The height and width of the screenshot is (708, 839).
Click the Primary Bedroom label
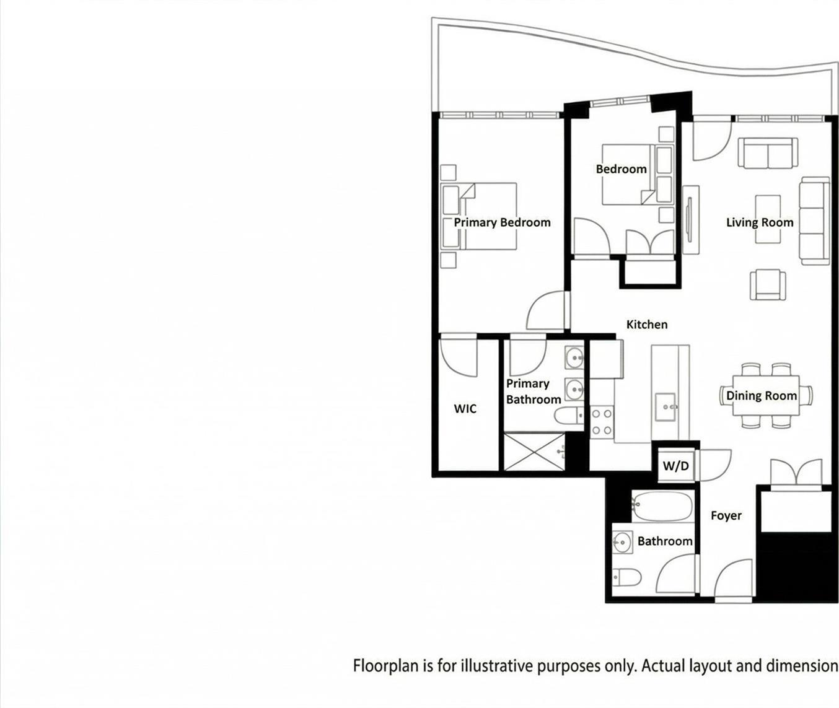coord(502,222)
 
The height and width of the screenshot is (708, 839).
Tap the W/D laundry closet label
coord(675,466)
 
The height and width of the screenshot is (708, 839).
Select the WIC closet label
coord(465,408)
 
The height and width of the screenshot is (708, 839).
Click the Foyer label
coord(726,515)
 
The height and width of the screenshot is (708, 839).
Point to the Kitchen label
coord(646,324)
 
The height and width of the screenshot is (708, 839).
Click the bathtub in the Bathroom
coord(662,507)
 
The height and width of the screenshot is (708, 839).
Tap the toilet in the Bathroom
coord(626,577)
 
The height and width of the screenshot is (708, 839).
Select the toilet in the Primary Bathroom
coord(568,416)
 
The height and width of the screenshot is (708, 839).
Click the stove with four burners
coord(601,422)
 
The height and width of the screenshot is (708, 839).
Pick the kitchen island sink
coord(665,406)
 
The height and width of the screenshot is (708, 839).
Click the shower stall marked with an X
coord(534,452)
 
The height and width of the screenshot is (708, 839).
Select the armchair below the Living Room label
coord(768,285)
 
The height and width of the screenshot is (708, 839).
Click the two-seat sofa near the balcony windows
coord(767,153)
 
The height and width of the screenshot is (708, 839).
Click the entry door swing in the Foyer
coord(732,580)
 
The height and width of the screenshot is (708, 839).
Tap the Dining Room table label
coord(761,396)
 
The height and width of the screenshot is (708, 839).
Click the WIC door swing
coord(459,356)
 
